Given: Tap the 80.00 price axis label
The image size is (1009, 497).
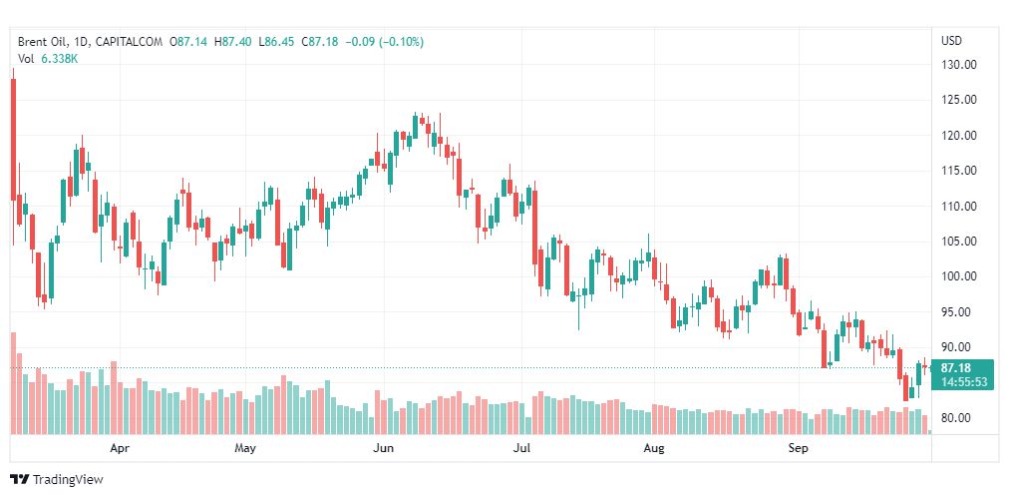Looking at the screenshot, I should coord(958,418).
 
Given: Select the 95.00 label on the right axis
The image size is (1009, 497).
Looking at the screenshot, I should coord(958,312).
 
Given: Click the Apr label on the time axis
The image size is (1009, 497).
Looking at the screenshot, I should coord(120,449).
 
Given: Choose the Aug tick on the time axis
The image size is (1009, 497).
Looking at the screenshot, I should coord(653,449).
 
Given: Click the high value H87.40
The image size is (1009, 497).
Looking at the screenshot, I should coord(234,42).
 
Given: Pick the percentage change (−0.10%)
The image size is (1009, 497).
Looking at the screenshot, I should coord(398,42).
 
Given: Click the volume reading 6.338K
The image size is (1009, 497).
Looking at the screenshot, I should coord(59,59).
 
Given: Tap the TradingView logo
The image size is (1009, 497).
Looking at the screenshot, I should coord(57,479).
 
